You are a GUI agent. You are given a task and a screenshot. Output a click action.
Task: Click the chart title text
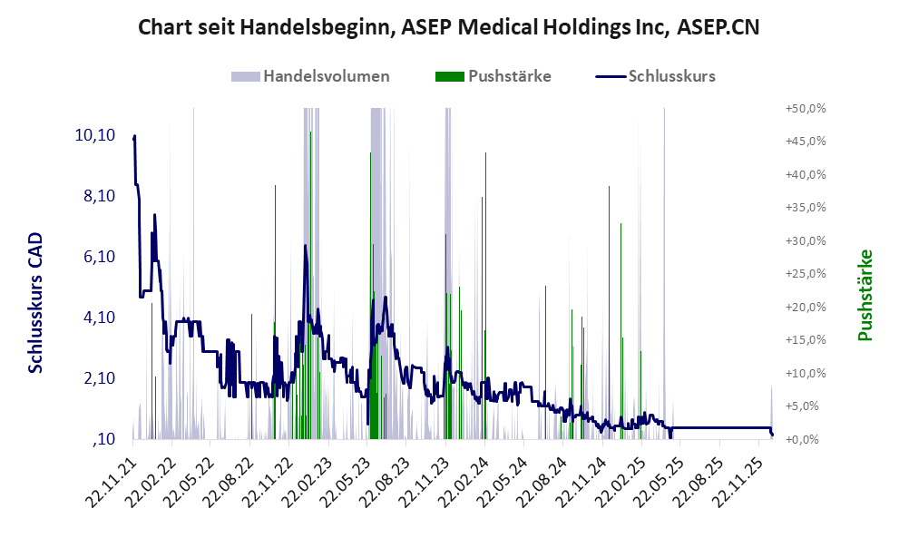tap(448, 27)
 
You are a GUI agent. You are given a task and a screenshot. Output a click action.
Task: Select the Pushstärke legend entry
tap(494, 76)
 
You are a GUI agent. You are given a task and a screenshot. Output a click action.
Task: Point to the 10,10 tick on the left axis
tap(93, 135)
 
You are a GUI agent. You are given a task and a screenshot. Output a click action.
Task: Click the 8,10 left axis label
tap(95, 196)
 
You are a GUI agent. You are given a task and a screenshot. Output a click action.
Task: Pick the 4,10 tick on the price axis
tap(95, 318)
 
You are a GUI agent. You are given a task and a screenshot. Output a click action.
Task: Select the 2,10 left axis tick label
tap(95, 378)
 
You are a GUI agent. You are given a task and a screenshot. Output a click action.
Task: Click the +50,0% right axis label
tap(805, 108)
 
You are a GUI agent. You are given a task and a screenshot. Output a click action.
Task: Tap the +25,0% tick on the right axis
tap(805, 274)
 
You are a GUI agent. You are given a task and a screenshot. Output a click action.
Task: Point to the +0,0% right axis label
tap(806, 440)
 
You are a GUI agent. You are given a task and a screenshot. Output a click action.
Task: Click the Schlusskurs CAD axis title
tap(36, 302)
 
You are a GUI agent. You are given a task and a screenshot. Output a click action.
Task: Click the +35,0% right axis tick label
tap(805, 208)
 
